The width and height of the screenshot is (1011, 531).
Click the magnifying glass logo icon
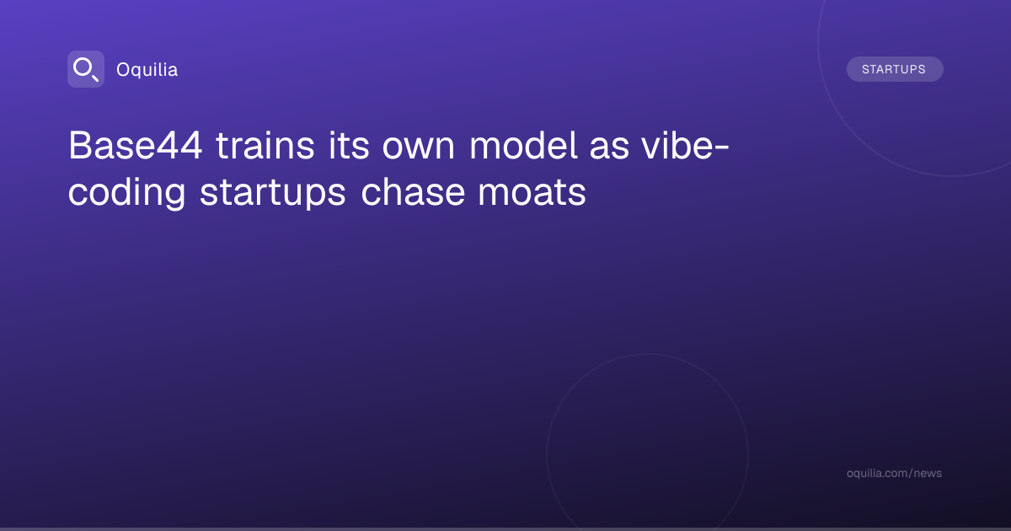86,69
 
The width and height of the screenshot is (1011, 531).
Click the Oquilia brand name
147,70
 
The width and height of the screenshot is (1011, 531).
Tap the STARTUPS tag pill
895,69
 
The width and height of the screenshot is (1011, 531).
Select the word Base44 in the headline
135,145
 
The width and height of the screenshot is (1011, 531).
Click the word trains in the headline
265,145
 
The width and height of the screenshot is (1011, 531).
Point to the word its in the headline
349,145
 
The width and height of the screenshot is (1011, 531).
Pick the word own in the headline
419,149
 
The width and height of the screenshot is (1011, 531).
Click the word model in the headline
523,145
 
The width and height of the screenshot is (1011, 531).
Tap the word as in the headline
609,149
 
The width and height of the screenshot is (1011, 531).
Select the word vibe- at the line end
686,145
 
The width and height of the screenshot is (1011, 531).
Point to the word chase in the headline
413,191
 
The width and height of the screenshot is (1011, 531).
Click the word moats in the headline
532,193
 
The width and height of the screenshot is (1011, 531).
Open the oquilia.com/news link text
894,473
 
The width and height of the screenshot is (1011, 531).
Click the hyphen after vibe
722,148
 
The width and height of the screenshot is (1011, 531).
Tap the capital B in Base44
80,145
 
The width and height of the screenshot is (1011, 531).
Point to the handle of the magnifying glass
95,78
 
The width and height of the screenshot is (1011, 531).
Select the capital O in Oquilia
124,70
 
